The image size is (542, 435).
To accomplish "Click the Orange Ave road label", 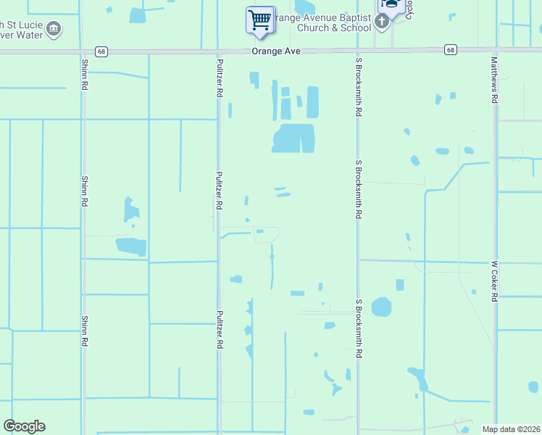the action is tap(276, 51).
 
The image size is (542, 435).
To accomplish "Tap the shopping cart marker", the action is tap(259, 19).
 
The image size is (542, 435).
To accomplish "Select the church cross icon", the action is tap(382, 22).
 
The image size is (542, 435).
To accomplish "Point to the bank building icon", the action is tap(53, 29).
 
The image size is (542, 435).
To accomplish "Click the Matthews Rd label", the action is tap(494, 80).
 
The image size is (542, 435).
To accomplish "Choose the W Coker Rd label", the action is tap(496, 281).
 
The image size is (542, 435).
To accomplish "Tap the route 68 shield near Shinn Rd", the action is tap(101, 51).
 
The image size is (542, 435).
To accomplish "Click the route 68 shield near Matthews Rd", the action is tap(451, 49).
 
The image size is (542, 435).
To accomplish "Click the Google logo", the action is tap(24, 426).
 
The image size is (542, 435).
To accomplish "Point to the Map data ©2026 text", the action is tap(511, 429).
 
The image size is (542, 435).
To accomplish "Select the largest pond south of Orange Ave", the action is tap(293, 138).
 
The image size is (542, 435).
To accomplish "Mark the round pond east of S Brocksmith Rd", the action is tap(381, 307).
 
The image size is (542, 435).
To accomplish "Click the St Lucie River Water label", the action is tap(17, 29).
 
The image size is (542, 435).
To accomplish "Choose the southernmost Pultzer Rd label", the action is tap(219, 330).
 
